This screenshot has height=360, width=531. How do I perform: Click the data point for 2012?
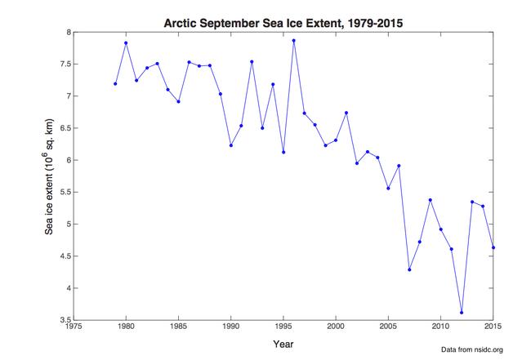coord(462,313)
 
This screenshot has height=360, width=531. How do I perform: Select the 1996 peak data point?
coord(293,40)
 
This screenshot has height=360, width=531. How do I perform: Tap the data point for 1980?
coord(126,42)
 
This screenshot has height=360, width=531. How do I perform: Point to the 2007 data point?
coord(409,269)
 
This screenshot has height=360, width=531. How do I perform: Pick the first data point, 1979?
coord(115,83)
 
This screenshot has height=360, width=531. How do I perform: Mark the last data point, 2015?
coord(493,247)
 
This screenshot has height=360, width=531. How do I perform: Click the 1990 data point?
coord(231,145)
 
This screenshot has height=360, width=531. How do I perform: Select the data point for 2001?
coord(346,113)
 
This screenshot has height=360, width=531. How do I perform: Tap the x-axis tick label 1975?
coord(74,328)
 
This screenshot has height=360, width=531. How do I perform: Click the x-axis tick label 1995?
coord(283,328)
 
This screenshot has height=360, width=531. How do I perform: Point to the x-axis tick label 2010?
coord(440,328)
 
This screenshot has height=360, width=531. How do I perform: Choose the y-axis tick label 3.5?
coord(63,320)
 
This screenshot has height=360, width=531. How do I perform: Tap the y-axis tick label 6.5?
coord(63,128)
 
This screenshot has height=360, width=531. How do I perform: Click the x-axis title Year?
coord(283,343)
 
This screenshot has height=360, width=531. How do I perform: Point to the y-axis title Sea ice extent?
coord(49,176)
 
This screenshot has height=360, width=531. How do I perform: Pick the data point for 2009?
coord(430,200)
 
